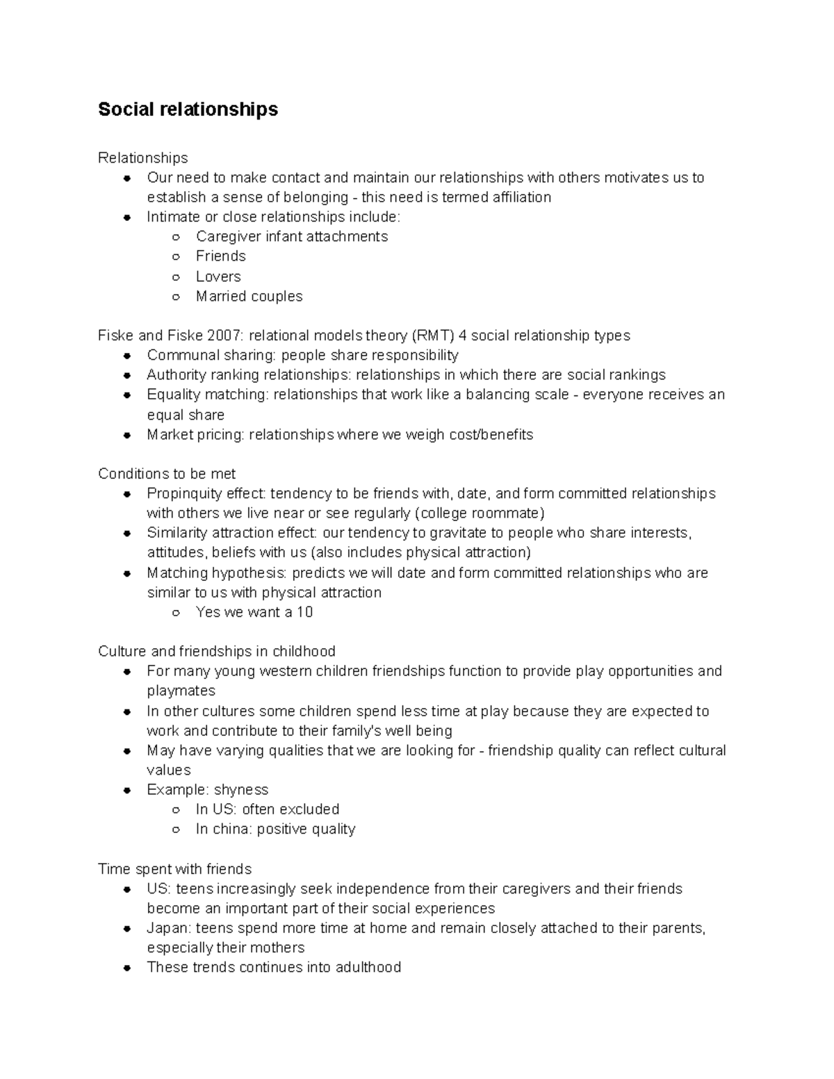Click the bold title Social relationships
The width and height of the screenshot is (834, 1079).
188,109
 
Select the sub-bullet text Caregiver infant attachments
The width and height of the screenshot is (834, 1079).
292,237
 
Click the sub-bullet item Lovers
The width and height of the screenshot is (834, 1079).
218,277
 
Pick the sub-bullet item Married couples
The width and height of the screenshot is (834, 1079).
249,297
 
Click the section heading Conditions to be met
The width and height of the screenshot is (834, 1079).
167,474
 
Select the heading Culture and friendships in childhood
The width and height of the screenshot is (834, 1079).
216,652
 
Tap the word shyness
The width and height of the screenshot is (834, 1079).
241,790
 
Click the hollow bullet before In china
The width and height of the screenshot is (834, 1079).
177,830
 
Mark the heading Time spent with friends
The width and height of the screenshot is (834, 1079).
174,869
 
